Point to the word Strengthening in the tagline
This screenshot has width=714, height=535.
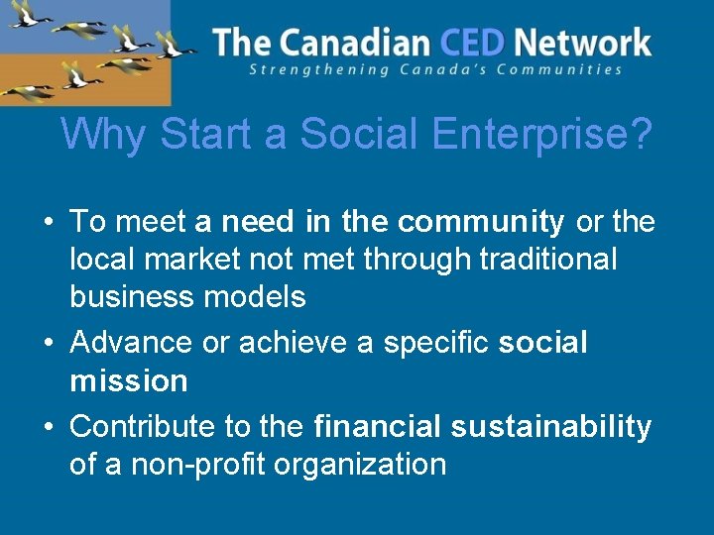308,69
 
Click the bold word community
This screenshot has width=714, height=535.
481,222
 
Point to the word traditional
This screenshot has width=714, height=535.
548,259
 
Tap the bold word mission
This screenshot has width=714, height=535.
129,380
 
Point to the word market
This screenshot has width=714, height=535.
189,259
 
